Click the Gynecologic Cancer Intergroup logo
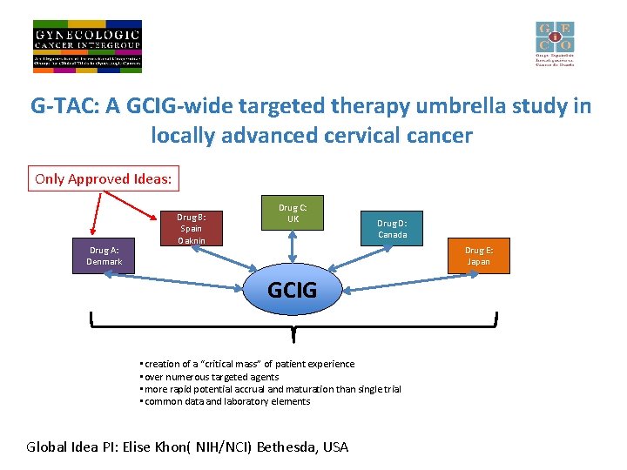(x=87, y=45)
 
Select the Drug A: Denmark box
(x=104, y=257)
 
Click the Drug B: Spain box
(x=192, y=228)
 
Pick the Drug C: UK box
(x=293, y=213)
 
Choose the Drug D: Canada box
(x=392, y=229)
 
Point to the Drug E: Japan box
(x=478, y=256)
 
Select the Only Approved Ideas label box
(x=104, y=179)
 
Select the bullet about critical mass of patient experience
(x=247, y=364)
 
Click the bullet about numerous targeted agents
(x=210, y=377)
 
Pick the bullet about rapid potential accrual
(x=271, y=389)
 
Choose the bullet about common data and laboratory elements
(x=226, y=401)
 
